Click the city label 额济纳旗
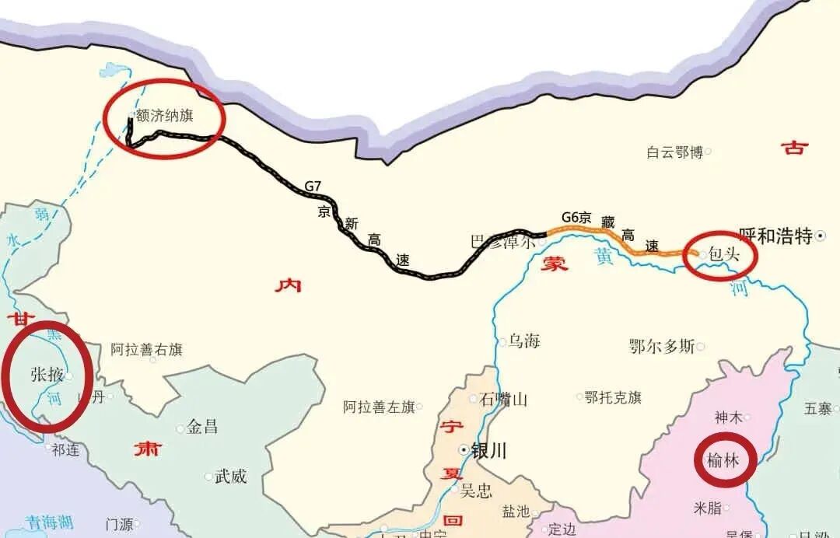pos(164,116)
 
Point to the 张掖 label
pos(46,375)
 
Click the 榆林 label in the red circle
pos(722,460)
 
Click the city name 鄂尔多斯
pos(662,347)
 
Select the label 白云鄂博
pos(674,152)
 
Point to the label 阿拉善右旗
pos(146,350)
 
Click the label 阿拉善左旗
pos(379,407)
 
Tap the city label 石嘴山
pos(503,400)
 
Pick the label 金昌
pos(203,427)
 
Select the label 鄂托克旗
pos(613,397)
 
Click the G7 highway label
pos(312,187)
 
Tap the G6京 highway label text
pos(576,218)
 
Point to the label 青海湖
pos(48,522)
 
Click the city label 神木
pos(729,417)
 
